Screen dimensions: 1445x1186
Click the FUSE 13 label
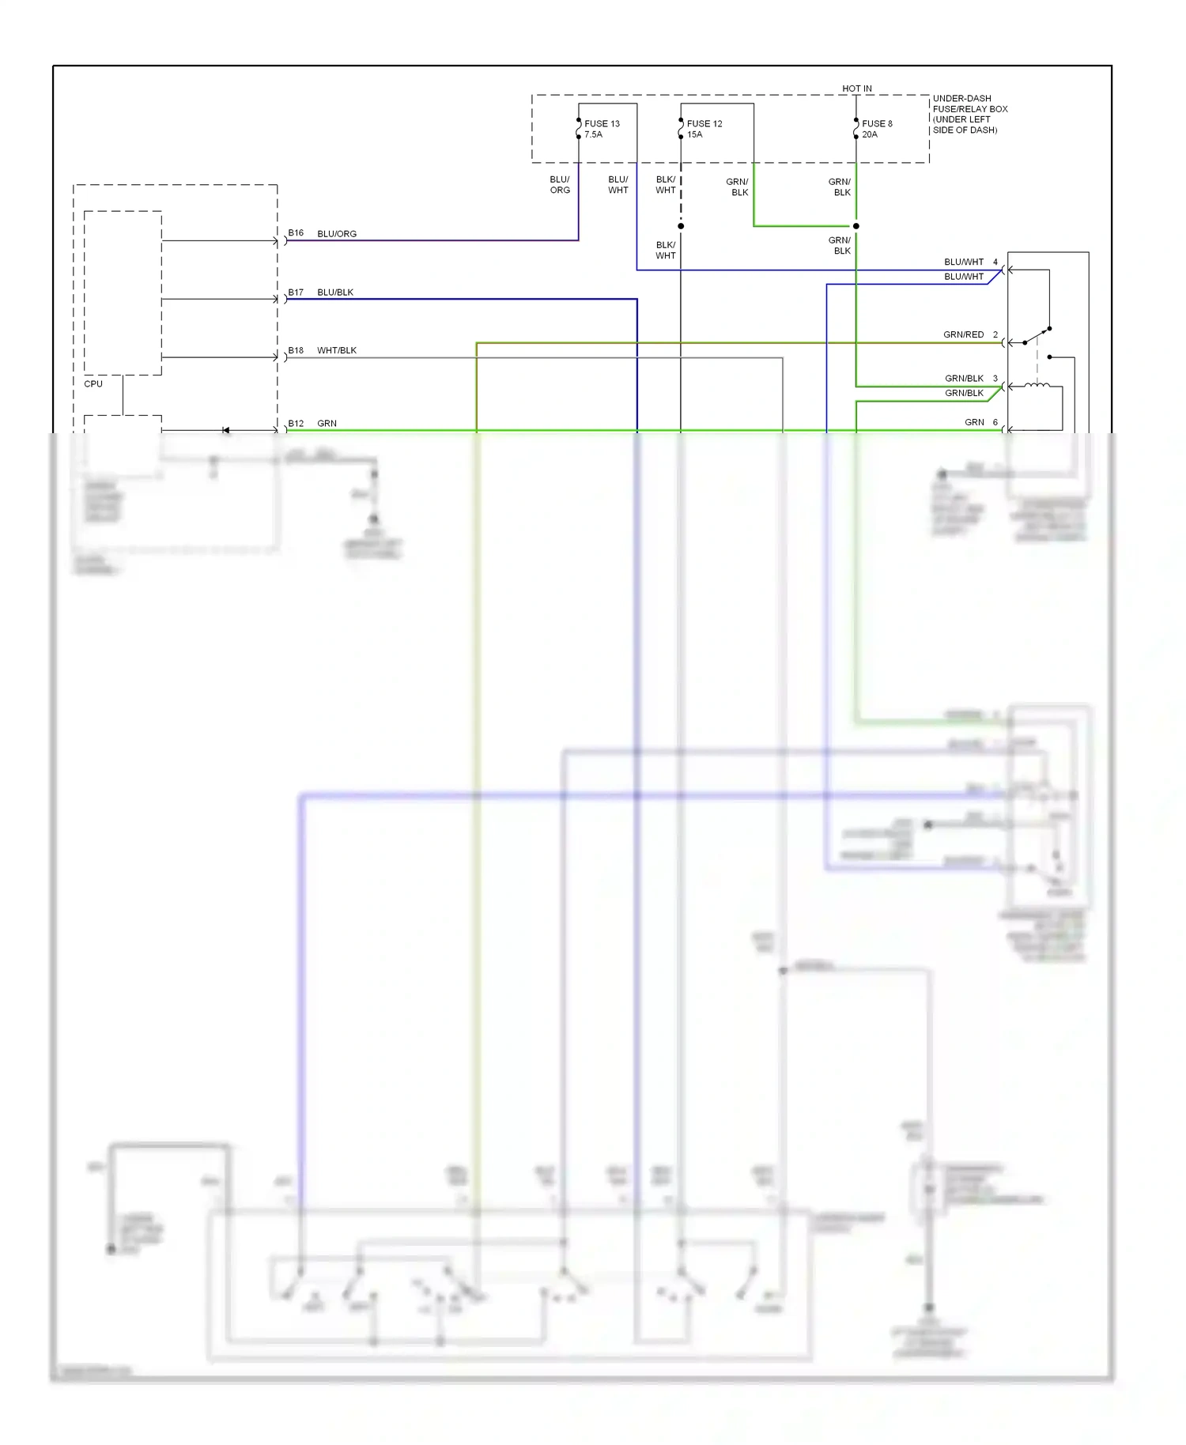[x=602, y=123]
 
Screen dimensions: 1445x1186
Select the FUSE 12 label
[x=704, y=123]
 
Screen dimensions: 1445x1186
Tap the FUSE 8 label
[x=877, y=123]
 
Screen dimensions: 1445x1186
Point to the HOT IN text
[x=856, y=89]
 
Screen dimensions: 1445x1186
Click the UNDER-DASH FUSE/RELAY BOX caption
[x=969, y=114]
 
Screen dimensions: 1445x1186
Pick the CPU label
[x=93, y=383]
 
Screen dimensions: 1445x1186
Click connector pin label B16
[x=296, y=233]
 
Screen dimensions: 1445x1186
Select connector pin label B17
[x=296, y=292]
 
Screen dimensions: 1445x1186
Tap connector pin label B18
[x=296, y=350]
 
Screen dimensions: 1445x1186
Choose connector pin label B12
[x=296, y=424]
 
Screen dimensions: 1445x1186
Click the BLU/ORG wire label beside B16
[x=337, y=234]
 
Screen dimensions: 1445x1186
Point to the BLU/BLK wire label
[x=335, y=292]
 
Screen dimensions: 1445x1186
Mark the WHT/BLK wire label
[x=337, y=350]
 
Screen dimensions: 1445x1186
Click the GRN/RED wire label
[x=963, y=334]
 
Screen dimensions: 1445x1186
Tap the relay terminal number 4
[x=995, y=262]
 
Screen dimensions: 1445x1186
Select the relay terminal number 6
[x=995, y=422]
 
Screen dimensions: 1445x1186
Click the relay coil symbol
[x=1037, y=385]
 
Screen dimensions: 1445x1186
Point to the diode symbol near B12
[x=225, y=430]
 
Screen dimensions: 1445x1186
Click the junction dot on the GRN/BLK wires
[x=856, y=226]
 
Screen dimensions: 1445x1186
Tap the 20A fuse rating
[x=869, y=134]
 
